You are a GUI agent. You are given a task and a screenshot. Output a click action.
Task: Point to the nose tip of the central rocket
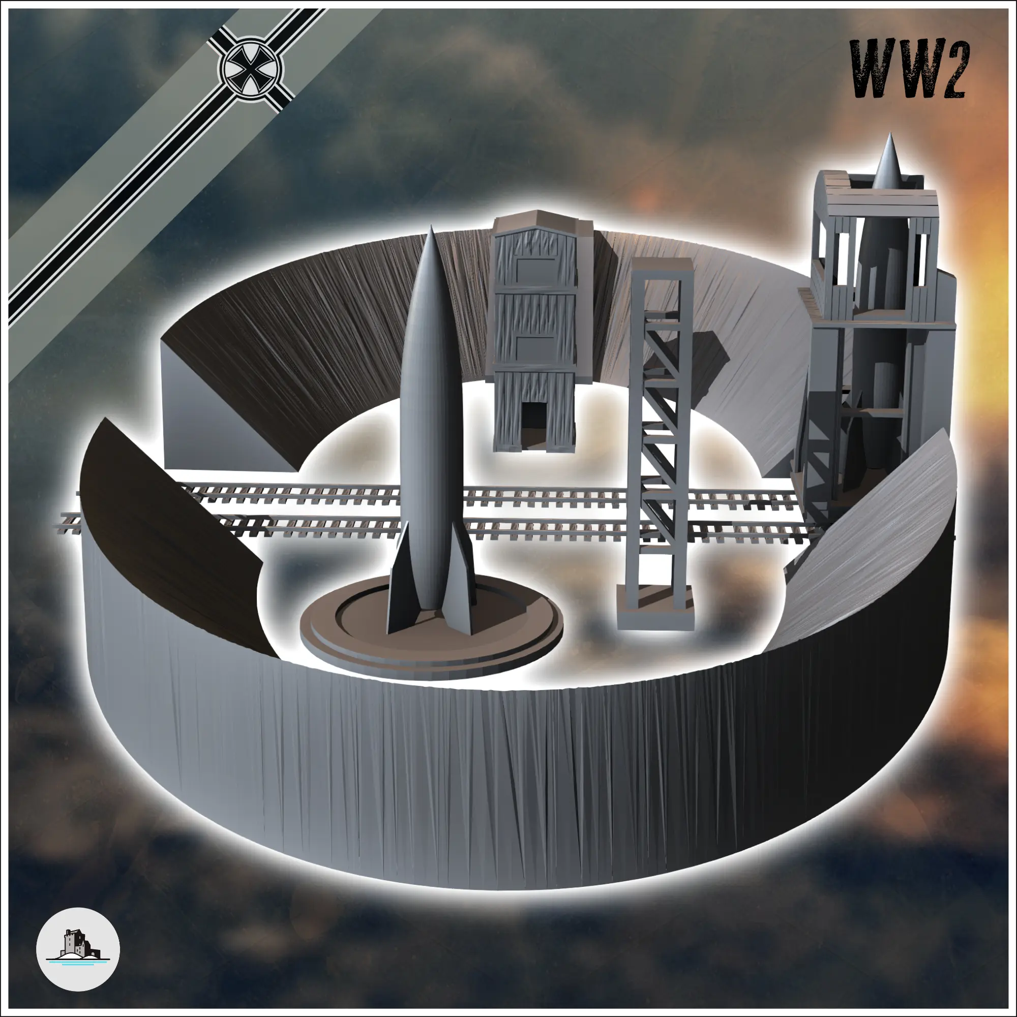(432, 228)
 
